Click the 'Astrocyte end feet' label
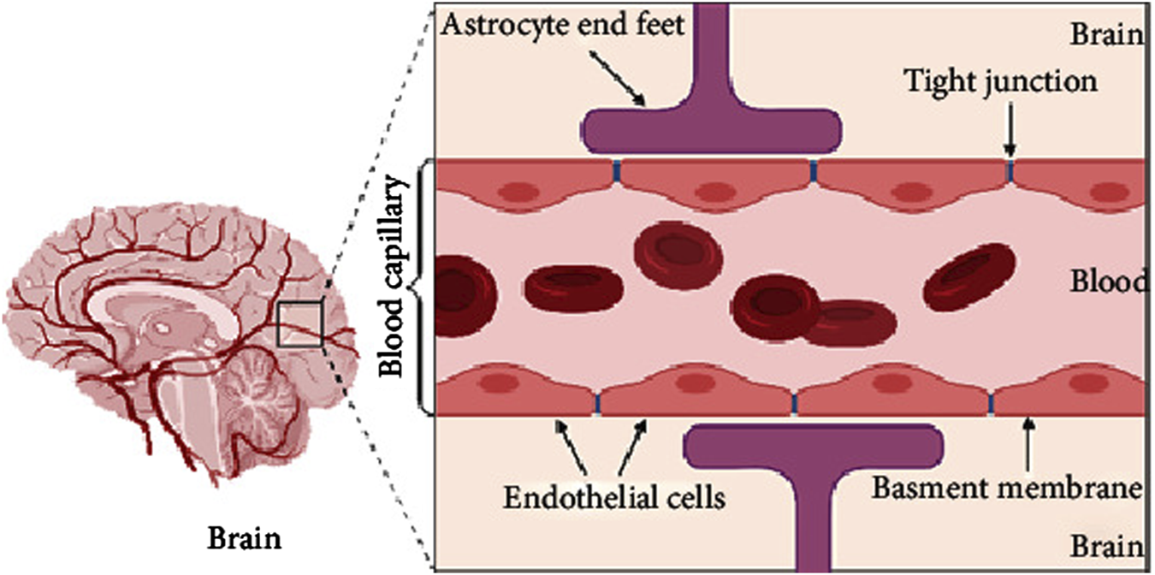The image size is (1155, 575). point(563,25)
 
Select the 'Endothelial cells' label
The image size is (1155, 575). point(613,495)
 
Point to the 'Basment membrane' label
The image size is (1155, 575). point(1008,489)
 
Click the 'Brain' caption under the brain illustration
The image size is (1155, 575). point(247,540)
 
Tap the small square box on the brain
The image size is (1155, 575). point(299,323)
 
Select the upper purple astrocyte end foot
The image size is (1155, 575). point(710,120)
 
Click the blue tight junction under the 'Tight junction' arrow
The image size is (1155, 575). point(1010,171)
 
